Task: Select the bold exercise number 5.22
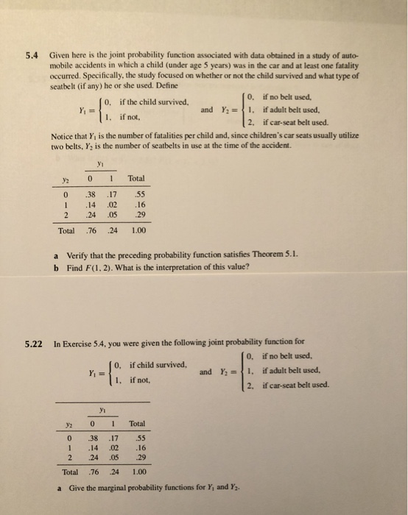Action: [x=34, y=342]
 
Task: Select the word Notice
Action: [x=63, y=135]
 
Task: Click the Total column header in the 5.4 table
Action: [x=136, y=179]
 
